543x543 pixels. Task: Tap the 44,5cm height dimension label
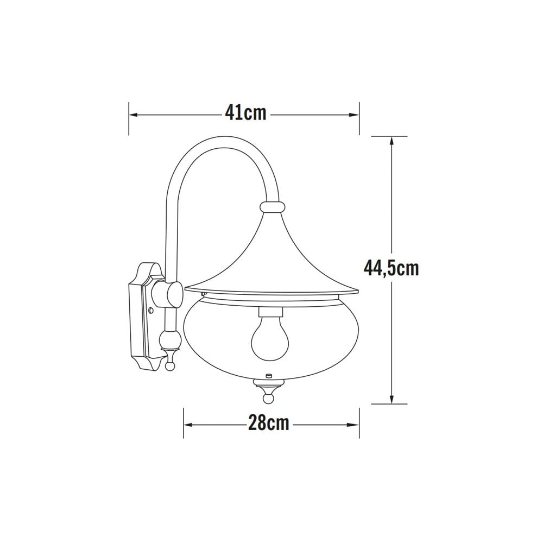click(x=392, y=268)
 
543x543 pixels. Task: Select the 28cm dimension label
click(x=268, y=424)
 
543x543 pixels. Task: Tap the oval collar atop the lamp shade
click(x=272, y=207)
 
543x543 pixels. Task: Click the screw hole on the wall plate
click(x=151, y=311)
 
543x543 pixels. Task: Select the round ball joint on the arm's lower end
click(x=170, y=341)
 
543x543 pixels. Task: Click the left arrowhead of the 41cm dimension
click(x=132, y=115)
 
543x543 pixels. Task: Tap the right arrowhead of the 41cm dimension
click(x=356, y=115)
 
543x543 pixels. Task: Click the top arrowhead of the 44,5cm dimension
click(x=391, y=140)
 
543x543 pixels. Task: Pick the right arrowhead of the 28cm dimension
click(x=356, y=424)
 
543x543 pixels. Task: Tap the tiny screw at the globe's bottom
click(x=268, y=375)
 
